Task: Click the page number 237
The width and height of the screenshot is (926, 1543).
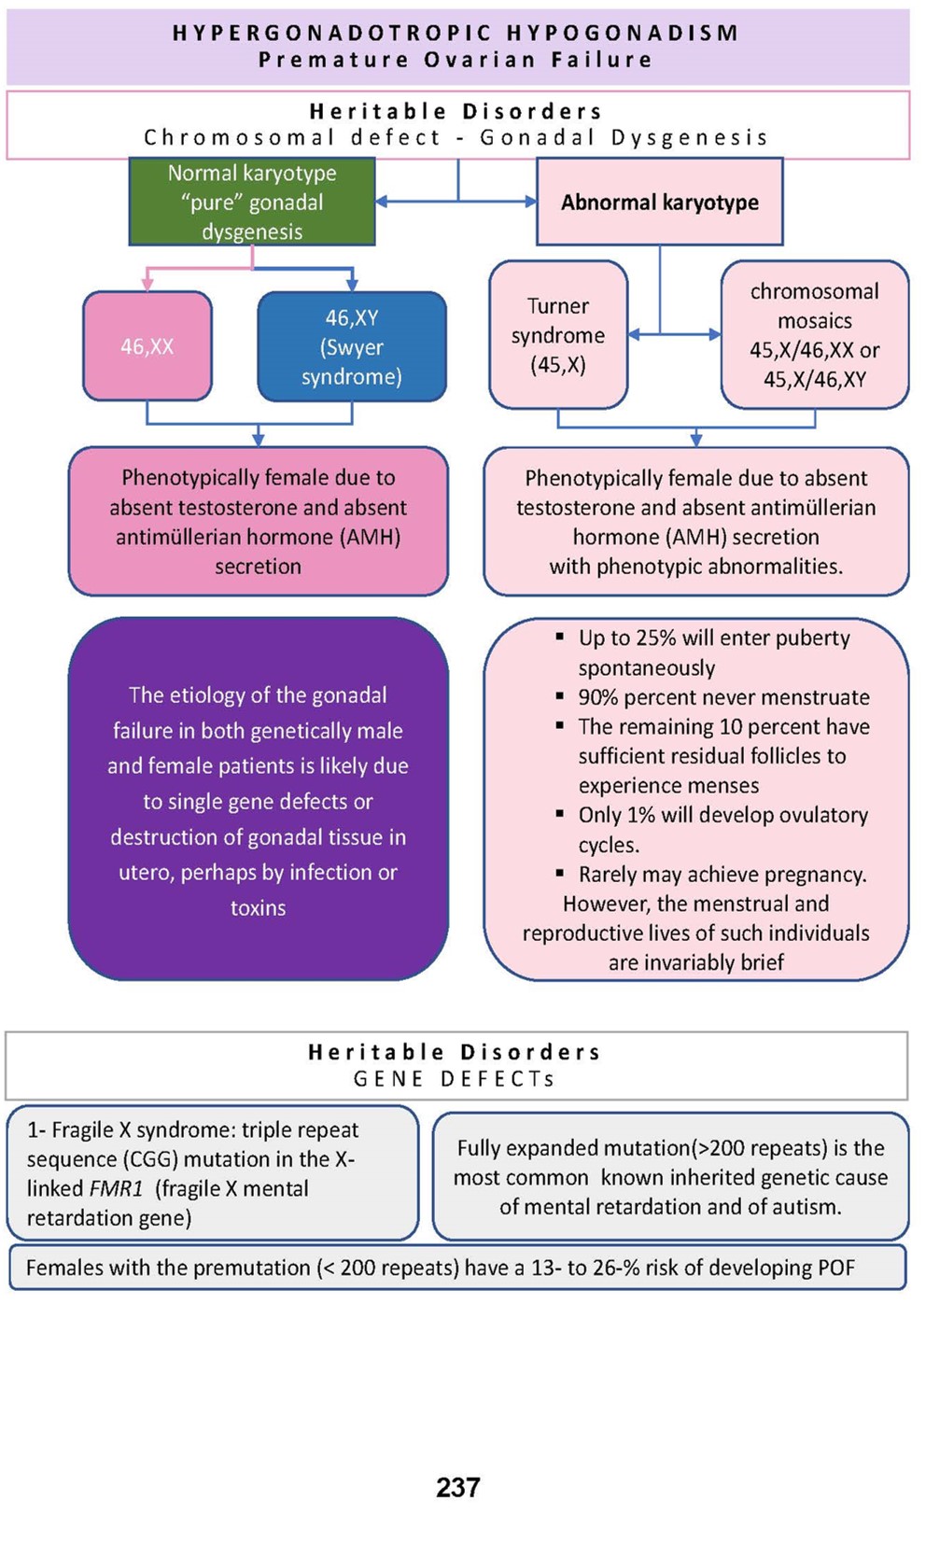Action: click(x=457, y=1487)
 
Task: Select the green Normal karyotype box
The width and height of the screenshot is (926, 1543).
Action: click(x=252, y=202)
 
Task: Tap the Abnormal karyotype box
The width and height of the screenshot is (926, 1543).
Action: click(x=659, y=202)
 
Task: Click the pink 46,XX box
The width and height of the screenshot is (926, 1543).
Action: click(x=147, y=346)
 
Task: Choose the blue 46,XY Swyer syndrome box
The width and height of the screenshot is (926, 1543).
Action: click(x=352, y=346)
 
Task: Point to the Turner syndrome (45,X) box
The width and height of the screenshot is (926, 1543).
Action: click(x=558, y=335)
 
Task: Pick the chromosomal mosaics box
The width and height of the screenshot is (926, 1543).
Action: click(x=814, y=335)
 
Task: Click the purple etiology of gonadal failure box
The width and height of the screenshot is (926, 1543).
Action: click(x=258, y=800)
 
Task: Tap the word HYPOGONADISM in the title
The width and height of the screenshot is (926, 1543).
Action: click(x=623, y=34)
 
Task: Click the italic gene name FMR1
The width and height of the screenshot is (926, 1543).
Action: click(x=116, y=1188)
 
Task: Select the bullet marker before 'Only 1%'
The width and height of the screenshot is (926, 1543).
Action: click(x=559, y=814)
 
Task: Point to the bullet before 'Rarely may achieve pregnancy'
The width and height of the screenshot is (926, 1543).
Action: click(x=559, y=874)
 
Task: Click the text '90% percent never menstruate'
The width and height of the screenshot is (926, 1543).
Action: click(x=723, y=697)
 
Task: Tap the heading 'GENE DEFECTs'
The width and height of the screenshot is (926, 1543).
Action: click(x=454, y=1079)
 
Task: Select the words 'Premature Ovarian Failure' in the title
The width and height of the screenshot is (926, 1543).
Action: click(x=456, y=60)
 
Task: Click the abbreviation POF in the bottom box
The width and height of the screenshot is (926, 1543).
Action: click(x=835, y=1268)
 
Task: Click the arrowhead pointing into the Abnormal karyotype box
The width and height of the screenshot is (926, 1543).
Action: click(x=531, y=201)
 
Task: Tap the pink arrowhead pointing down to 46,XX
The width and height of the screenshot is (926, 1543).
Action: click(x=147, y=285)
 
